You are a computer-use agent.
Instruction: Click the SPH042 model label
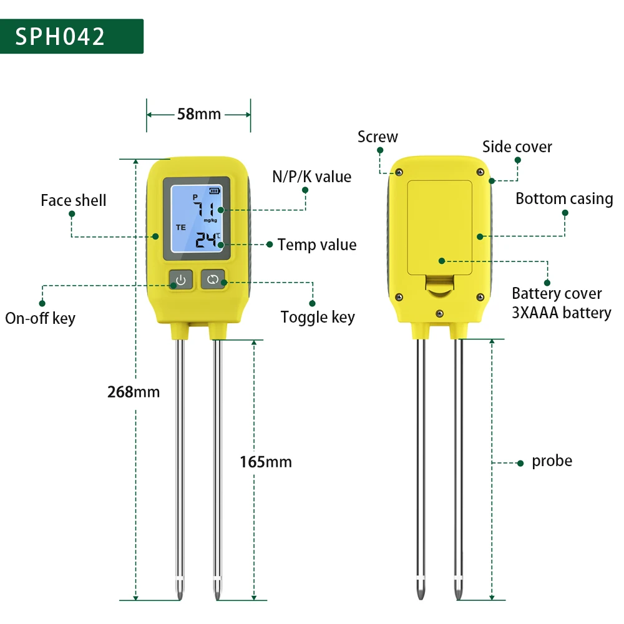[60, 37]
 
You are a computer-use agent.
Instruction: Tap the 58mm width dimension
[199, 114]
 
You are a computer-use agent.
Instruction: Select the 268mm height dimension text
[134, 392]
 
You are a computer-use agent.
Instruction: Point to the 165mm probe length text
[266, 462]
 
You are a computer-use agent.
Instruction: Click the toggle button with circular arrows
[213, 280]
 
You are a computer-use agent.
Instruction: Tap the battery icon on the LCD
[215, 191]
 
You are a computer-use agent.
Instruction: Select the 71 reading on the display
[205, 209]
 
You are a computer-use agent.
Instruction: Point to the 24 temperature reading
[206, 240]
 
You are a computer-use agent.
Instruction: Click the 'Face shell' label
[74, 200]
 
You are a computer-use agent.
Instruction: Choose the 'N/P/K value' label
[312, 177]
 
